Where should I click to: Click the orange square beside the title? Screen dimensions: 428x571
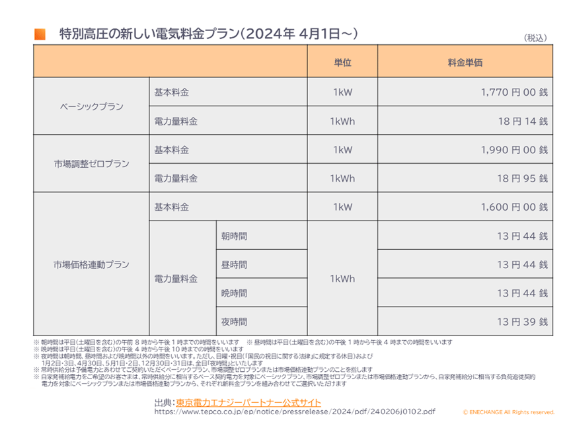pos(40,34)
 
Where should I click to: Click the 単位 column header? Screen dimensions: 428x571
pos(342,63)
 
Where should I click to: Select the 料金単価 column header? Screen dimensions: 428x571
pos(465,63)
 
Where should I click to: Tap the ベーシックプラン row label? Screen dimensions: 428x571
pos(92,107)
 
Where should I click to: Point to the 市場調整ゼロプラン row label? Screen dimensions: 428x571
pos(92,164)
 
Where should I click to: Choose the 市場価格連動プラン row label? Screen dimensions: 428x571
pos(92,264)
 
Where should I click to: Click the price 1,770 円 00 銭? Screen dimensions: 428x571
pos(514,93)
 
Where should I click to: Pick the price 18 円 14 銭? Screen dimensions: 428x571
pos(521,122)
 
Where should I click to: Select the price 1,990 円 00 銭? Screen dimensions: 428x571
pos(514,150)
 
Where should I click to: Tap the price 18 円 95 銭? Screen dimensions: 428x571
pos(521,178)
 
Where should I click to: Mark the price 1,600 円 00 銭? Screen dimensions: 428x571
pos(514,207)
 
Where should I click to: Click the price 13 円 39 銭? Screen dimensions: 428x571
pos(521,322)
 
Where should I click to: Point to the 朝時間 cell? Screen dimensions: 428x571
pos(235,236)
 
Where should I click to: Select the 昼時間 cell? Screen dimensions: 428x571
pos(235,264)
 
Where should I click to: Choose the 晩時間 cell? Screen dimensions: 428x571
pos(235,293)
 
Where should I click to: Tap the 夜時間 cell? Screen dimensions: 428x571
pos(235,322)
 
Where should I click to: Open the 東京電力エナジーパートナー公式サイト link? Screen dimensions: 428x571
pos(248,402)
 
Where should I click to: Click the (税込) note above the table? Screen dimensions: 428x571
pos(536,38)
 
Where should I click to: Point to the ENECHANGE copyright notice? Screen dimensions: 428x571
pos(508,412)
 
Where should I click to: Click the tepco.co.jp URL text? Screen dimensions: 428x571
pos(295,411)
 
